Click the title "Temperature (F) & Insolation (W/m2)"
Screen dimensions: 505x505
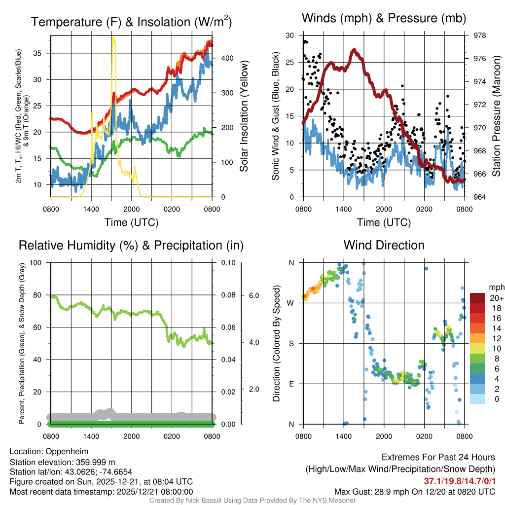tap(131, 22)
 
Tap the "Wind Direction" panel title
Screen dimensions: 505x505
tap(384, 245)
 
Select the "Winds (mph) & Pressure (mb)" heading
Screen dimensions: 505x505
tap(384, 19)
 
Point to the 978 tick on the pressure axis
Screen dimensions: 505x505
tap(479, 36)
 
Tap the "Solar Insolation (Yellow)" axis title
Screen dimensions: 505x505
tap(244, 116)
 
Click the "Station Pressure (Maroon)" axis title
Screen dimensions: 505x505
tap(497, 116)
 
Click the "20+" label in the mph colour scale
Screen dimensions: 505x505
tap(496, 298)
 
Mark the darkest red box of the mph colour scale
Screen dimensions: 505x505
tap(478, 298)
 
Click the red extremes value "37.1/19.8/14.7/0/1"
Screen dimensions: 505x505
tap(460, 481)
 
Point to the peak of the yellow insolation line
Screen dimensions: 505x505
tap(113, 37)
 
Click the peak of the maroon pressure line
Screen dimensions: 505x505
tap(354, 50)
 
